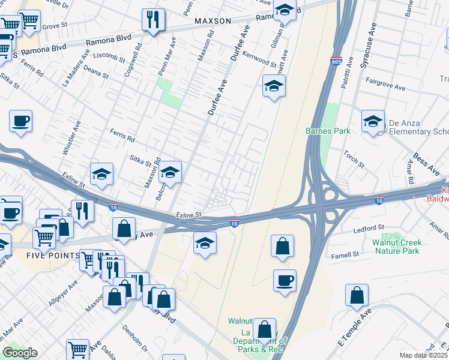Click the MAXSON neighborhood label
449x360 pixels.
[x=212, y=21]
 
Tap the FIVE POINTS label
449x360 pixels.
[x=53, y=255]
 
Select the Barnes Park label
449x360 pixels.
[x=328, y=130]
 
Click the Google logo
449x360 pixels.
[x=20, y=353]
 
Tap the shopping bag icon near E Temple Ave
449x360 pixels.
[x=357, y=295]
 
